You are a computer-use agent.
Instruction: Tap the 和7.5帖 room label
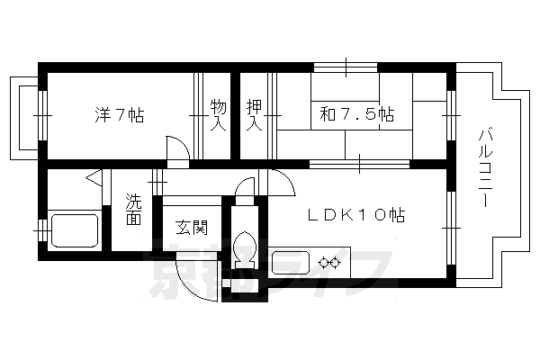356,114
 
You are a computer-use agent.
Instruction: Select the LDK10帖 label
356,215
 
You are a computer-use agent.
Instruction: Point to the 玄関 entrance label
192,227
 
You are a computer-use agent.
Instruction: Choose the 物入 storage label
218,114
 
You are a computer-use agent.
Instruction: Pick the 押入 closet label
254,114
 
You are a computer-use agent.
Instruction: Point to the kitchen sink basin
291,263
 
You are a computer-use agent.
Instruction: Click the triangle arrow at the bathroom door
94,178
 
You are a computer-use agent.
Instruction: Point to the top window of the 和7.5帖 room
347,66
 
